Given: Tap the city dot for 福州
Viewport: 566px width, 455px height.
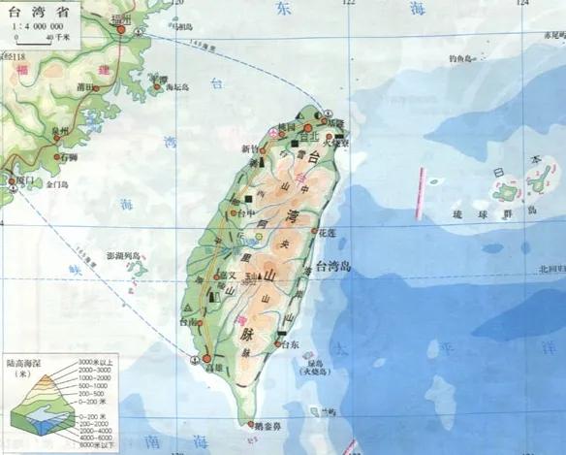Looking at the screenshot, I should tap(122, 29).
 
